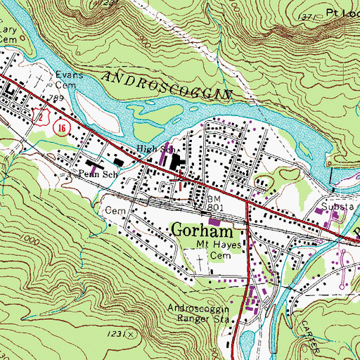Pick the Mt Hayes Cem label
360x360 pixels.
point(219,250)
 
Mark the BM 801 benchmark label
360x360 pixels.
point(215,203)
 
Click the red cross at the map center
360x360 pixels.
point(180,180)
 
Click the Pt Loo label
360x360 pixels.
point(342,13)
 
